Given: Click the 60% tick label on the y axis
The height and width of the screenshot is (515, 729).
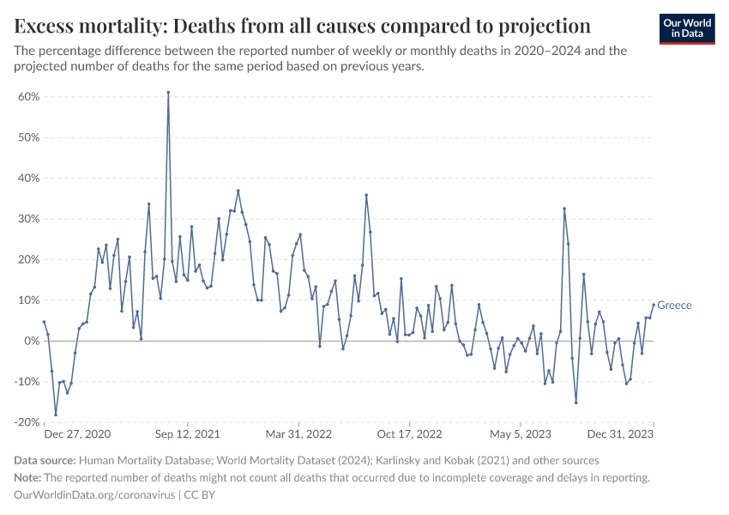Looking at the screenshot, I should point(28,97).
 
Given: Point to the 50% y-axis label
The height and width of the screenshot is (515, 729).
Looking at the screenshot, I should point(28,137).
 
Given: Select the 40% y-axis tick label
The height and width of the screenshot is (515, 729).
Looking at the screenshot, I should point(28,179).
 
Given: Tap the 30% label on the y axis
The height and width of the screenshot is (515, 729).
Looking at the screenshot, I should point(28,219).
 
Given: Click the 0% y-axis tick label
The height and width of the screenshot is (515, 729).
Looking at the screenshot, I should point(32,341).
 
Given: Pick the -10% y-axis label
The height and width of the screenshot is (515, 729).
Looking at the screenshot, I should point(27,382).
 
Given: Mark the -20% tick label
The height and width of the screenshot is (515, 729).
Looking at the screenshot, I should point(27,422).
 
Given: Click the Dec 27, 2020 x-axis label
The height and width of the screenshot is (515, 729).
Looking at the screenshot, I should point(77,435).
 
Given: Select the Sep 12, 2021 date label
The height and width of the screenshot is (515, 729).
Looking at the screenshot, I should point(188,435).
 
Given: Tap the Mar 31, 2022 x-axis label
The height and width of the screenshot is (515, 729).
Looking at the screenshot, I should point(298,435).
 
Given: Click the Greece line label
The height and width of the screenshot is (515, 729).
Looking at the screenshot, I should point(674,306).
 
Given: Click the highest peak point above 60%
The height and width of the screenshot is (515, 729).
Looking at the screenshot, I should point(168,92).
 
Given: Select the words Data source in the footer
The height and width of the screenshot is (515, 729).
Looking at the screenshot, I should point(45,461).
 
